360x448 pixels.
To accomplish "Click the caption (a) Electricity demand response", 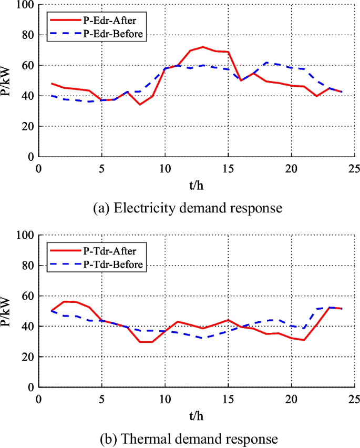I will [x=187, y=208].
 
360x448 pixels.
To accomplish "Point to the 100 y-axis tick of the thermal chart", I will [x=24, y=235].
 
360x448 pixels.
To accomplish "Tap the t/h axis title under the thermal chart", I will [x=197, y=415].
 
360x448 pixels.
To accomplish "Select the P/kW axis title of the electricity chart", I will [x=7, y=81].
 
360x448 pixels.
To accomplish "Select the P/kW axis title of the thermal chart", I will [x=7, y=311].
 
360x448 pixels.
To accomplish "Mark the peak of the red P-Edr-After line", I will [x=203, y=47].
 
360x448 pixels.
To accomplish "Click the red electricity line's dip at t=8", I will [x=140, y=104].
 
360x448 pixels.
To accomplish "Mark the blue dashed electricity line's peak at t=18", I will [x=266, y=63].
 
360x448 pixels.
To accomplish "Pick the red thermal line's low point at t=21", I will [x=304, y=340].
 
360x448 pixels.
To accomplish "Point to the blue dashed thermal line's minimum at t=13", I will [x=203, y=338].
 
